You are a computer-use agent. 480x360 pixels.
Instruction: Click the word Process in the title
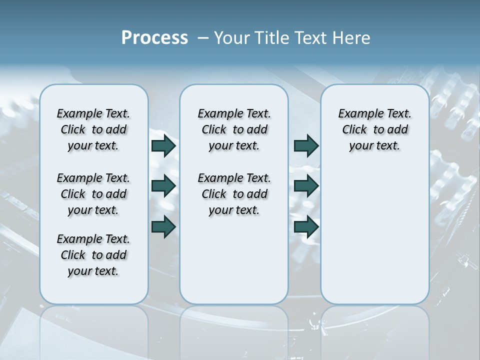point(154,38)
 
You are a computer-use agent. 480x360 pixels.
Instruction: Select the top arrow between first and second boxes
point(163,146)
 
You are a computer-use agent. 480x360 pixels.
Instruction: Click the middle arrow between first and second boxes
point(163,186)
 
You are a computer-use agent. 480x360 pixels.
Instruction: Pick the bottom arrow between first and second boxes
point(163,226)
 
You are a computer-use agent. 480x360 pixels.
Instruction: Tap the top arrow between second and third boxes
point(306,146)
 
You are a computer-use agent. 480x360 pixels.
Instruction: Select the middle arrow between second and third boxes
point(306,186)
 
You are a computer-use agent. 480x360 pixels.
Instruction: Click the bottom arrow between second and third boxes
point(306,226)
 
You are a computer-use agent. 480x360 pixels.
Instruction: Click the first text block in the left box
point(93,129)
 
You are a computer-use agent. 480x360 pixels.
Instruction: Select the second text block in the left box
point(93,194)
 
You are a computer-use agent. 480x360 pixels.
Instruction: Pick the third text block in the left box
point(93,255)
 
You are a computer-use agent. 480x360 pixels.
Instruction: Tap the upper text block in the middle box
point(234,129)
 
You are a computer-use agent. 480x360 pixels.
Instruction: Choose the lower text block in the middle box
point(234,194)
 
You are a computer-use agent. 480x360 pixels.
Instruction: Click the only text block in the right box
point(374,129)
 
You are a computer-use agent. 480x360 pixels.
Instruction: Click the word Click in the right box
point(354,130)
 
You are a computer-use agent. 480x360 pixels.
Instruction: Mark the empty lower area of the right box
point(374,235)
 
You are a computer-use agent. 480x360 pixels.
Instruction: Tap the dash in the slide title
point(203,38)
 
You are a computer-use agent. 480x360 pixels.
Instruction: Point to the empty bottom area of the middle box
point(234,265)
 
